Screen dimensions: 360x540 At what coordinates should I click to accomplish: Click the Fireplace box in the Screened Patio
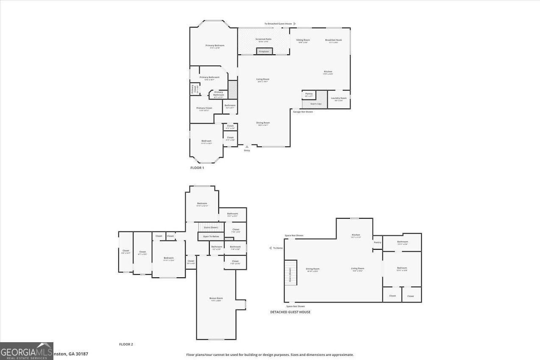tap(264, 51)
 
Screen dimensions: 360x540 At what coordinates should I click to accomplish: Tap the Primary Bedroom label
tap(215, 45)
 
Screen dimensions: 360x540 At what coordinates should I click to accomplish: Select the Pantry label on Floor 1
tap(309, 94)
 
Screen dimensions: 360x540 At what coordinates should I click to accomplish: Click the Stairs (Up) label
tap(316, 103)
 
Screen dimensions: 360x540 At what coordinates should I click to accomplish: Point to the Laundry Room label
tap(339, 98)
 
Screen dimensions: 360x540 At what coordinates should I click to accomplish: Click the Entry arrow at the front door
tap(247, 147)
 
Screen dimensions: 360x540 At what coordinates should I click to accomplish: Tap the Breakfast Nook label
tap(334, 40)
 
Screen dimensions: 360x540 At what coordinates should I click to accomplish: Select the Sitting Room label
tap(303, 40)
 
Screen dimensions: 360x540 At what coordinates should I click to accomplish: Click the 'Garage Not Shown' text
tap(303, 112)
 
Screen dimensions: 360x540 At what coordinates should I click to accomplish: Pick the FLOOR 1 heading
tap(197, 168)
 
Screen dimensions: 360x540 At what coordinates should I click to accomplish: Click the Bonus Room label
tap(216, 299)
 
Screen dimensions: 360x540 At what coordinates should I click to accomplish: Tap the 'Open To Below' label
tap(211, 236)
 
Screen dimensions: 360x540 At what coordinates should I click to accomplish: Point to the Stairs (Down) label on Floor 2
tap(211, 228)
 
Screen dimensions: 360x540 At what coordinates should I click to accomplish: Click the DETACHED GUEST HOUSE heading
tap(290, 312)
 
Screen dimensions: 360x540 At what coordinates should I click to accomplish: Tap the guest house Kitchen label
tap(356, 235)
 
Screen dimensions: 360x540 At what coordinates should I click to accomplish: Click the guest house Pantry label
tap(377, 243)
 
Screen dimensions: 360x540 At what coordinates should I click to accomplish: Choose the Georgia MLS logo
tap(27, 351)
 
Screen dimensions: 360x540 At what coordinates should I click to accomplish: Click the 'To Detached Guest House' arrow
tap(295, 24)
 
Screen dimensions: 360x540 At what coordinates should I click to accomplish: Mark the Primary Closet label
tap(204, 108)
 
